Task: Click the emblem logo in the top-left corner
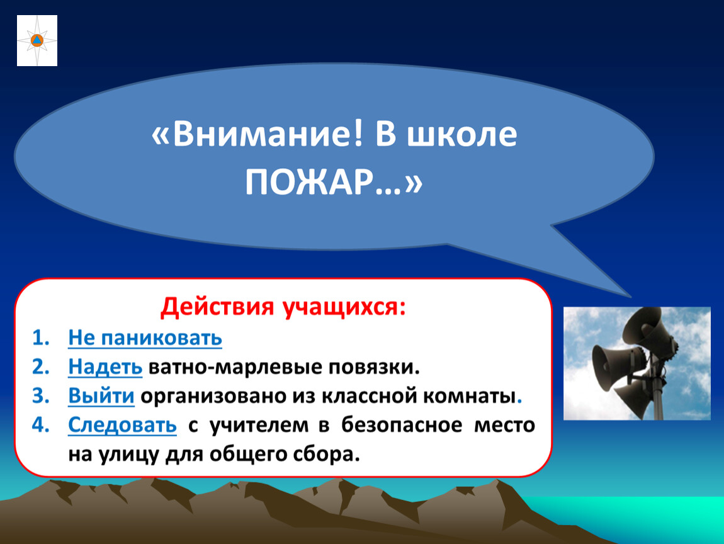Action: pyautogui.click(x=37, y=41)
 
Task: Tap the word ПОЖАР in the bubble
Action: pyautogui.click(x=308, y=183)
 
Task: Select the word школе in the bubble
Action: pyautogui.click(x=461, y=135)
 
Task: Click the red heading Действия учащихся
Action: pyautogui.click(x=283, y=307)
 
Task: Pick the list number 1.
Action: pyautogui.click(x=41, y=338)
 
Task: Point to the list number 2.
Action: pyautogui.click(x=41, y=367)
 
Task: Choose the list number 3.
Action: pyautogui.click(x=41, y=396)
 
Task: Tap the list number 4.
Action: pyautogui.click(x=41, y=426)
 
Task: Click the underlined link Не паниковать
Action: pyautogui.click(x=145, y=338)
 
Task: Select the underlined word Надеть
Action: pyautogui.click(x=105, y=368)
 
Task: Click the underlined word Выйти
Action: pyautogui.click(x=101, y=396)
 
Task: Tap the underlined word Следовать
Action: pyautogui.click(x=122, y=426)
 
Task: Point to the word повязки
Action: pyautogui.click(x=374, y=368)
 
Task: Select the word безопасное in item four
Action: pyautogui.click(x=402, y=426)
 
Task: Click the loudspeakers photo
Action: pyautogui.click(x=636, y=363)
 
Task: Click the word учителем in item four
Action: pyautogui.click(x=259, y=426)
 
